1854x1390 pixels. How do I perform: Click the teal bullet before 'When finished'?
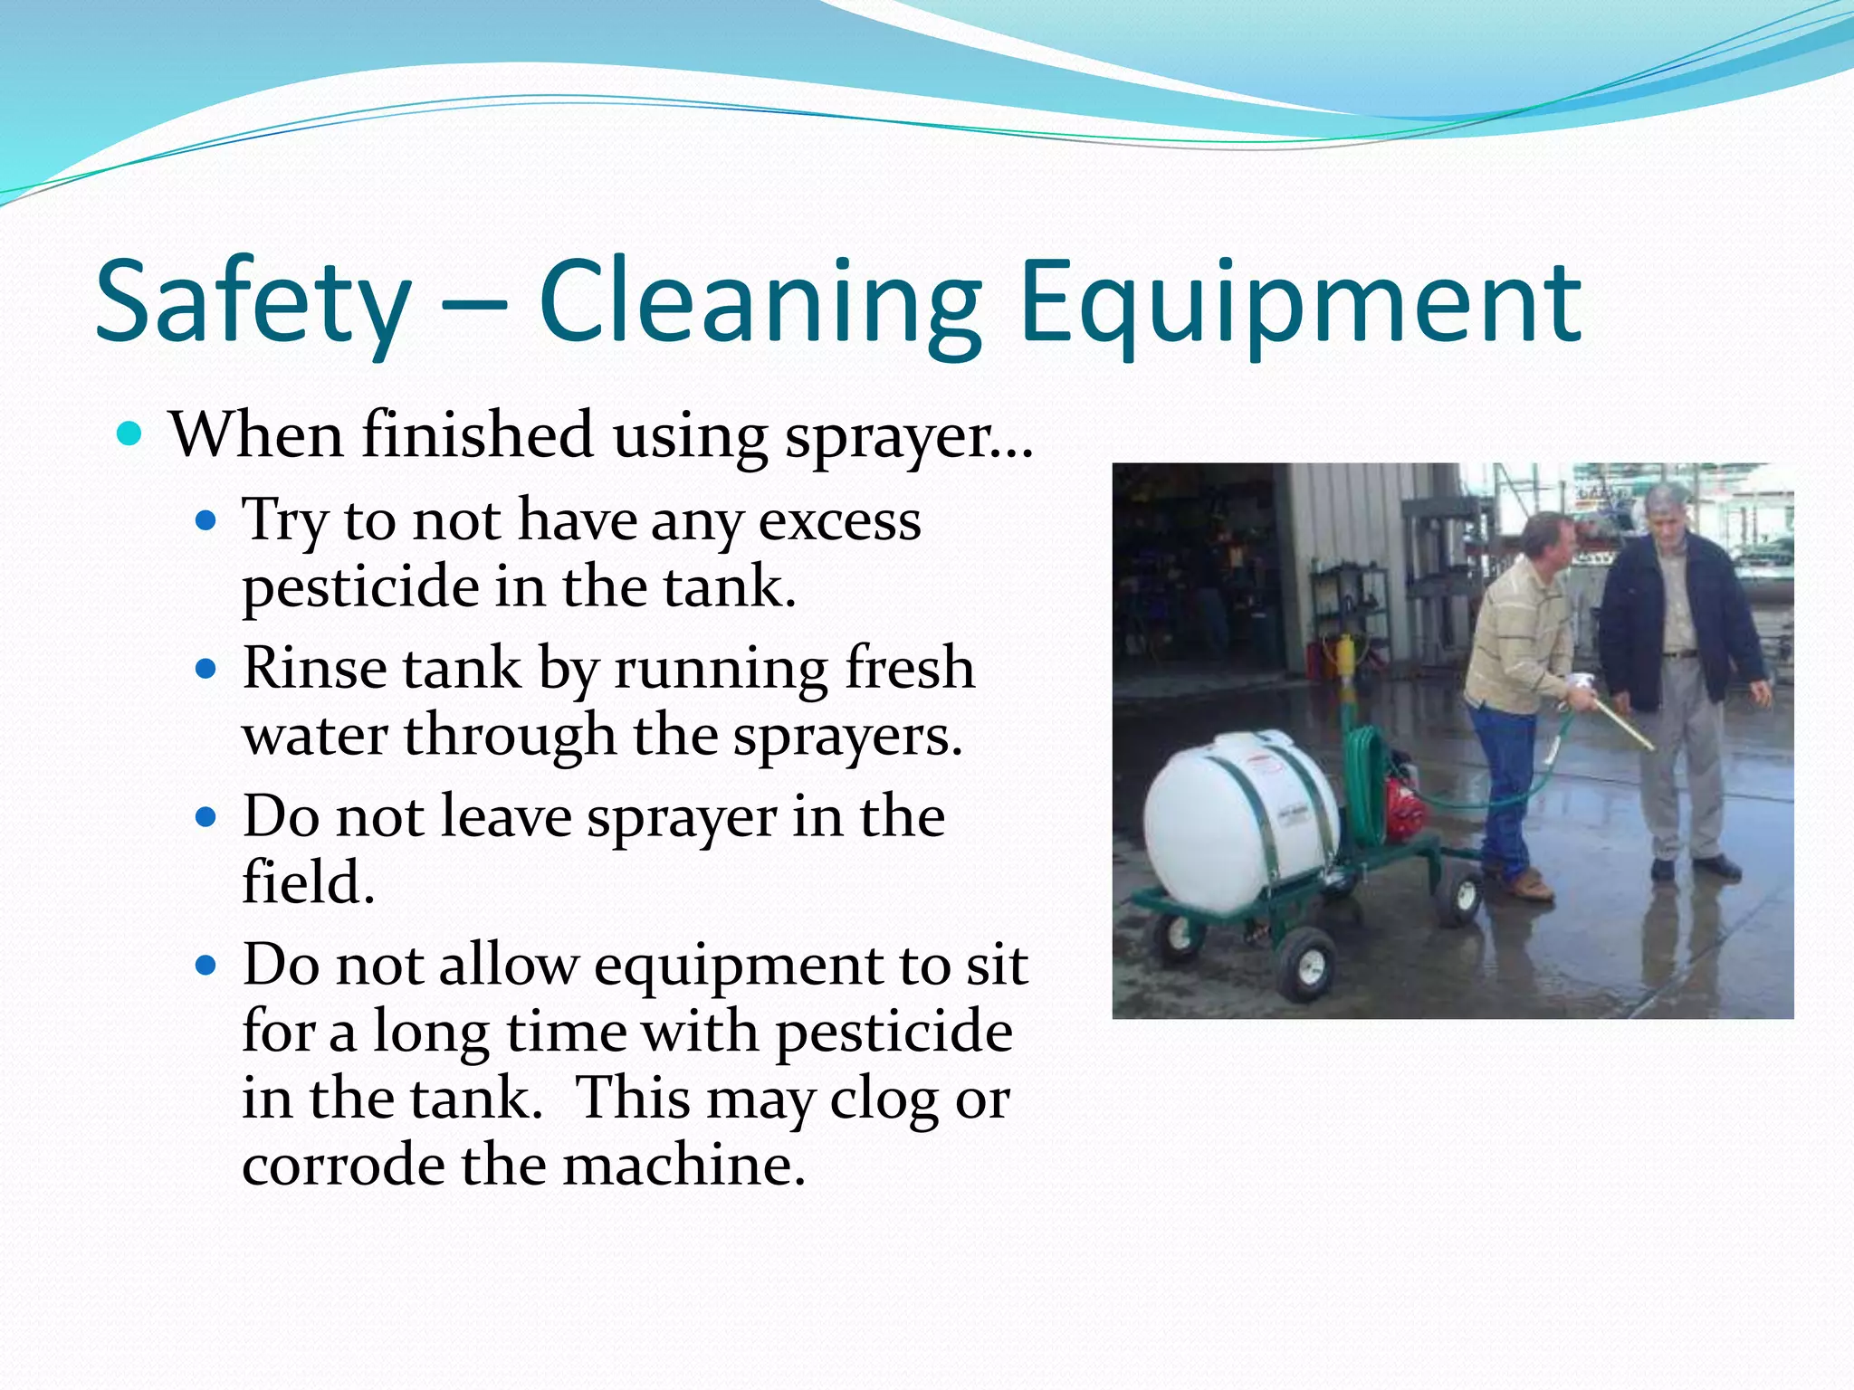click(129, 435)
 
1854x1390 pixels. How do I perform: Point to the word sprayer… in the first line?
click(908, 437)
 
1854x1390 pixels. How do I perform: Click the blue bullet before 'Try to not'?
click(206, 521)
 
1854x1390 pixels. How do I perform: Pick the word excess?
click(839, 522)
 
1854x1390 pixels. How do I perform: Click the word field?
click(308, 883)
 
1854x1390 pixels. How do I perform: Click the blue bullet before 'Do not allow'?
click(206, 966)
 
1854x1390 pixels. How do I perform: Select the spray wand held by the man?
click(1620, 724)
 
